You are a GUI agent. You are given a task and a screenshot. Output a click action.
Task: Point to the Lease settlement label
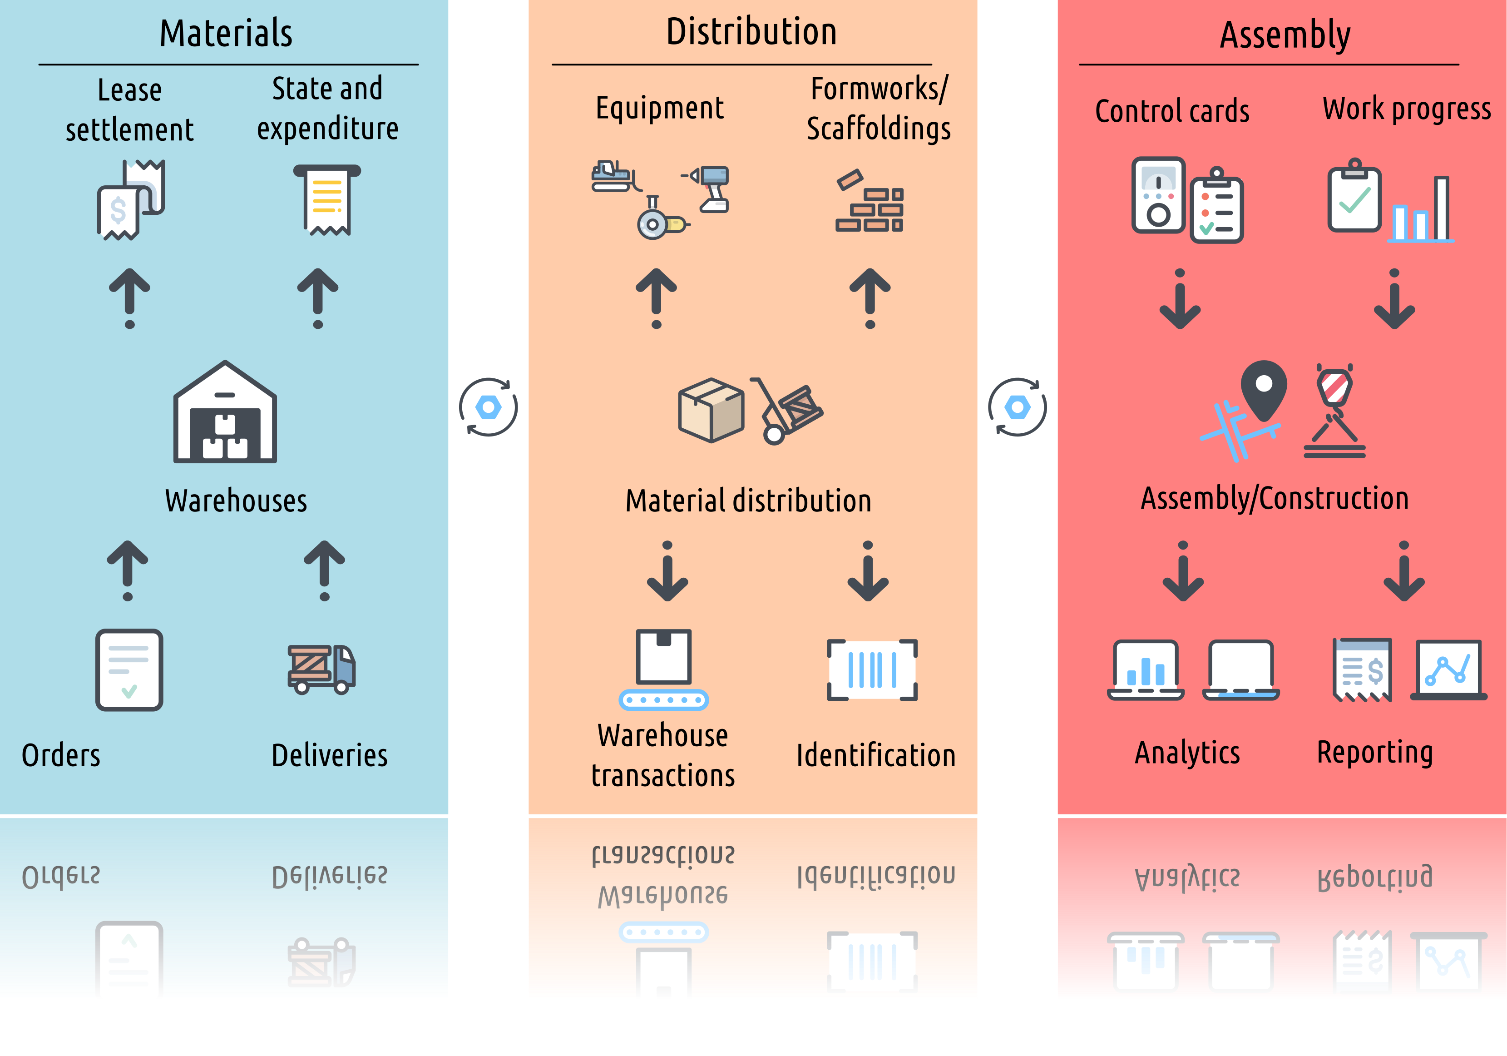point(129,109)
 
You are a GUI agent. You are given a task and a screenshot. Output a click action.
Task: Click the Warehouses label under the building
point(236,501)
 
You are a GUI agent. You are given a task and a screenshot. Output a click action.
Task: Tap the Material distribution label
point(748,501)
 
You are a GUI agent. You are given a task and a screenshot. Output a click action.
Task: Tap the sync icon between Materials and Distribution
point(488,407)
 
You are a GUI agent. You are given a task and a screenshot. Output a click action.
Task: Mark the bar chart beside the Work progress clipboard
point(1421,210)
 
